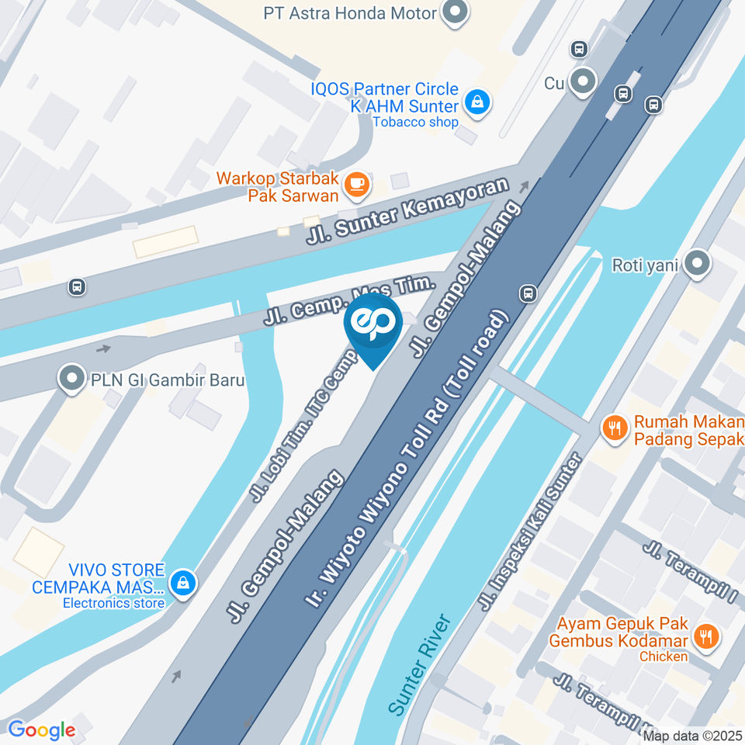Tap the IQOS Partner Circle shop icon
click(x=477, y=101)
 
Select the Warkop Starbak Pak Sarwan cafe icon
click(x=357, y=183)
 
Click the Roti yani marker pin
click(x=698, y=264)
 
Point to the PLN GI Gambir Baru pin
click(x=72, y=379)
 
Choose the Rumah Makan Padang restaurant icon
click(x=615, y=428)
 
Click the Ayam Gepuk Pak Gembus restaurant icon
click(x=705, y=637)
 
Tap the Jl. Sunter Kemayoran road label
click(x=407, y=212)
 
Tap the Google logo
click(x=41, y=730)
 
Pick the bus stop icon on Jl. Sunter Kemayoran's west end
click(x=77, y=286)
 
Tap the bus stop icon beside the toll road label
click(x=528, y=293)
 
